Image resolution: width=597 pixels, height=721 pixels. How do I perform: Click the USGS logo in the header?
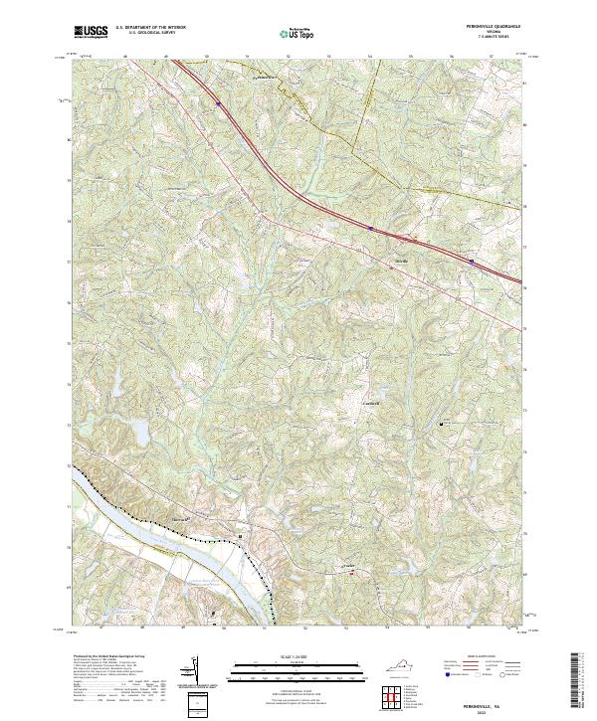tap(91, 33)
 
